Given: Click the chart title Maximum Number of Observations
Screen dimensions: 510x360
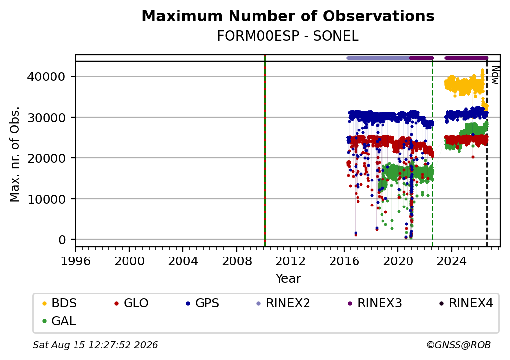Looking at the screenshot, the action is (x=288, y=16).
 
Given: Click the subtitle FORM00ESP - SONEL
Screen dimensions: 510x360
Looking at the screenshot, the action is (x=288, y=36).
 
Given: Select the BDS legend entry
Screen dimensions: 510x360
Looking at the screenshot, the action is (x=59, y=303).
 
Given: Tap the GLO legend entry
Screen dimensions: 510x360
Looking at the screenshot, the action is (x=131, y=303).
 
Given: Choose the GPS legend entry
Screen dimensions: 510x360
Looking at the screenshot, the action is (x=203, y=303).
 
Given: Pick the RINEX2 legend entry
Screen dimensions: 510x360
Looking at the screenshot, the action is (x=283, y=303).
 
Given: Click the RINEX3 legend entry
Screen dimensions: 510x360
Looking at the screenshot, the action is (x=375, y=303).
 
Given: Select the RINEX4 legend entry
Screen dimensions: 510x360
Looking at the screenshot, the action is (x=466, y=303).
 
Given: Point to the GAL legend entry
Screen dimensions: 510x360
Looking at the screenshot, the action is (x=59, y=321).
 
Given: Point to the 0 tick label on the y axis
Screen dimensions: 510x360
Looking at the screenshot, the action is (x=62, y=240).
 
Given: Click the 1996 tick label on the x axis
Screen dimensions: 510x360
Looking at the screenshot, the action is (x=76, y=261).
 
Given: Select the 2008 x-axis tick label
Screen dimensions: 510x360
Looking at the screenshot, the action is (x=237, y=261).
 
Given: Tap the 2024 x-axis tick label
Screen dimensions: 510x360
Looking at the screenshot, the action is (x=452, y=261).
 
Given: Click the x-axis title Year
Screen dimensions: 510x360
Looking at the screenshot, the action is (x=288, y=279).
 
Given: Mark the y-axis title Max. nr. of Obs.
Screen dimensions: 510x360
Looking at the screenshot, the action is (x=15, y=154).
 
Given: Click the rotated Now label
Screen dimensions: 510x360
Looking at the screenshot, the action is (x=495, y=75).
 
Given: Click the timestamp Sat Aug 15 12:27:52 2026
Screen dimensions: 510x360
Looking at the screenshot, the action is (x=95, y=345).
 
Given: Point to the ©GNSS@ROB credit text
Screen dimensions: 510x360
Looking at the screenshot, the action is (x=459, y=345).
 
